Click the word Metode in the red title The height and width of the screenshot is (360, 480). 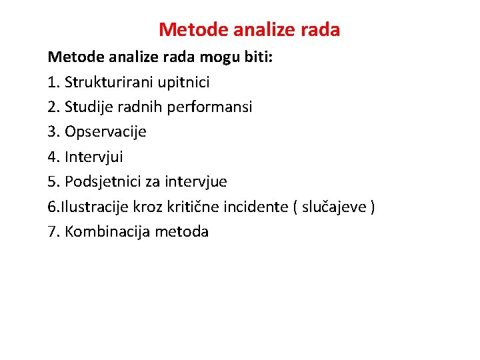[189, 30]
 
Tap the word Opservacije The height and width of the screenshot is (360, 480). [105, 131]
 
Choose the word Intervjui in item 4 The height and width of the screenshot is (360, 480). [94, 157]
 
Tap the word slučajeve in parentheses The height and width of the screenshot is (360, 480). [333, 207]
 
